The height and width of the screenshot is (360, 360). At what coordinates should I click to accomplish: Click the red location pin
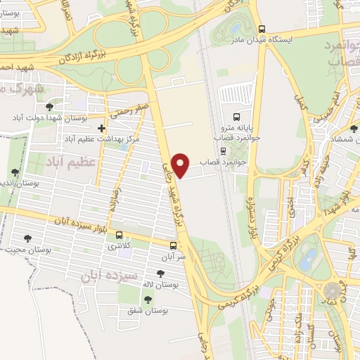[182, 164]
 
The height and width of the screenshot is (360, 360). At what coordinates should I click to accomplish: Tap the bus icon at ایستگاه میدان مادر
[262, 30]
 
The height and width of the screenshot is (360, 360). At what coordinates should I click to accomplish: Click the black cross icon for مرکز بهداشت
[103, 128]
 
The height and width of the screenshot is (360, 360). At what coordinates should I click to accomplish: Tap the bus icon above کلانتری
[119, 235]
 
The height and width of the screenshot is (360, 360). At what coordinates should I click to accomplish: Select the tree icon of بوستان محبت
[28, 240]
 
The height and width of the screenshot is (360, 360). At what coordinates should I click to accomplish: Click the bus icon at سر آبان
[174, 245]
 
